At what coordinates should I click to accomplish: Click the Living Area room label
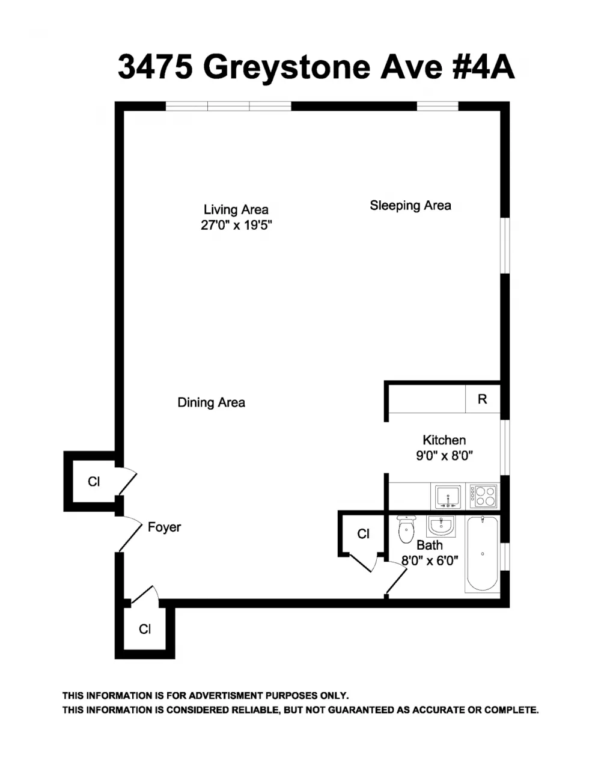(236, 210)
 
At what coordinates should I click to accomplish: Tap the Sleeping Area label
(410, 205)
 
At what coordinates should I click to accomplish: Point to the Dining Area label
(211, 402)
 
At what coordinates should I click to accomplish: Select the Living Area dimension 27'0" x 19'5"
(237, 226)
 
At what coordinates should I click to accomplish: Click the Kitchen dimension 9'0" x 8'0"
(444, 456)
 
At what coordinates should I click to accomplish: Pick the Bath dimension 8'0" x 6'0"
(430, 561)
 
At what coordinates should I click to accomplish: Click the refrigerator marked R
(483, 399)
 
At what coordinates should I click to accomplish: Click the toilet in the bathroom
(406, 529)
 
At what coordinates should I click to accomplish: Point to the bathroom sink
(441, 526)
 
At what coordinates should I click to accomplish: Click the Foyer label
(164, 527)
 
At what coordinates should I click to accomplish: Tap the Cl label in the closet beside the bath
(364, 533)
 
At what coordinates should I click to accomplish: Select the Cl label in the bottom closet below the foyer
(145, 629)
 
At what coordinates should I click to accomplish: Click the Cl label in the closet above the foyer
(94, 482)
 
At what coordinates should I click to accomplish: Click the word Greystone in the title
(287, 68)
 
